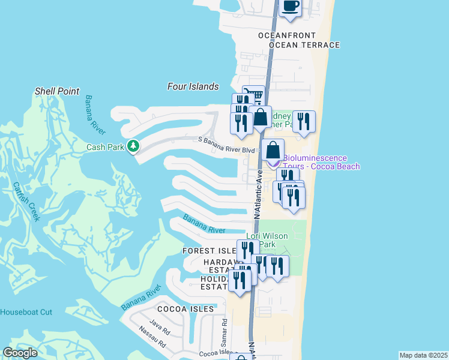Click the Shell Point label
pyautogui.click(x=56, y=91)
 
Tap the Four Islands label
pyautogui.click(x=193, y=86)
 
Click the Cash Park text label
pyautogui.click(x=105, y=146)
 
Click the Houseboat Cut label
pyautogui.click(x=26, y=312)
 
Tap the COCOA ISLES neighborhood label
pyautogui.click(x=185, y=308)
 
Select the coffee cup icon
pyautogui.click(x=291, y=6)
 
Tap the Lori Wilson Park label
pyautogui.click(x=268, y=240)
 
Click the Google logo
pyautogui.click(x=21, y=353)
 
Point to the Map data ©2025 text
pyautogui.click(x=423, y=355)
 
